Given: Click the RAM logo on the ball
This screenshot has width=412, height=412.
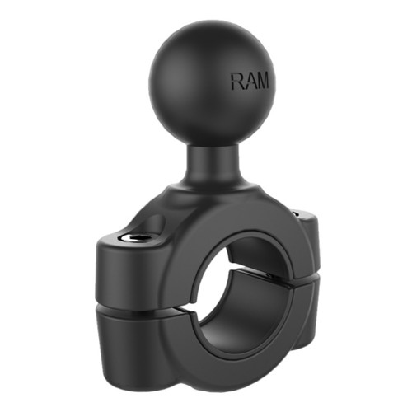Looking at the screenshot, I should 249,82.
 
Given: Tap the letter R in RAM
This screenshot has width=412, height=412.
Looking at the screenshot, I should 237,82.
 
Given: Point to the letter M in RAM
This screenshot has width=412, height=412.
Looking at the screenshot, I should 261,82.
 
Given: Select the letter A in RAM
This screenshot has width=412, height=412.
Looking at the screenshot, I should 249,82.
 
